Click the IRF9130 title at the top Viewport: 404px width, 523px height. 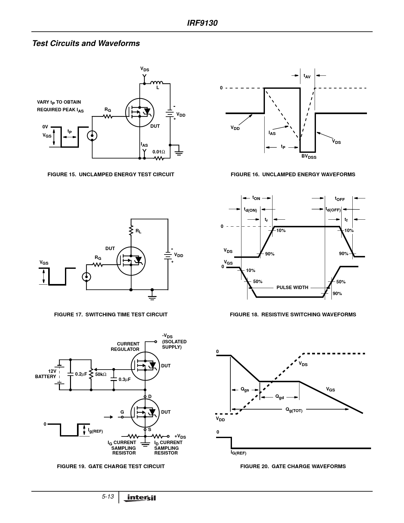pyautogui.click(x=202, y=23)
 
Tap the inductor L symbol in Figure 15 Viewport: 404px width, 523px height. pyautogui.click(x=157, y=83)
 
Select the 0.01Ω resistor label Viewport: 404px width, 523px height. pyautogui.click(x=158, y=152)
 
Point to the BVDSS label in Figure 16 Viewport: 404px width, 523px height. pyautogui.click(x=309, y=157)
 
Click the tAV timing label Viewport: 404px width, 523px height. pyautogui.click(x=307, y=76)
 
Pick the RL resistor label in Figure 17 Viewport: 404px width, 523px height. pyautogui.click(x=138, y=231)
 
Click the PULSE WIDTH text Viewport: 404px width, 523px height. pyautogui.click(x=292, y=287)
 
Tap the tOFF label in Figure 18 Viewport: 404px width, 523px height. pyautogui.click(x=340, y=199)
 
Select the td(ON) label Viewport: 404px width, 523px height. pyautogui.click(x=250, y=210)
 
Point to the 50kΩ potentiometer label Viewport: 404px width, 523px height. pyautogui.click(x=101, y=374)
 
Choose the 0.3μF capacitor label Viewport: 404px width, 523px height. pyautogui.click(x=124, y=379)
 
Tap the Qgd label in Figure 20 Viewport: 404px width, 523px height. pyautogui.click(x=279, y=397)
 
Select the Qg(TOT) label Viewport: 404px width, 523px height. pyautogui.click(x=294, y=410)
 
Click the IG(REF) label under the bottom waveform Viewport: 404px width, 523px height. pyautogui.click(x=238, y=453)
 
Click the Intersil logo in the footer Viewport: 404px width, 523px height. pyautogui.click(x=141, y=498)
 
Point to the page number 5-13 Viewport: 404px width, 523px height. pyautogui.click(x=108, y=497)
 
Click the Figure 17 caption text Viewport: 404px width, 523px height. pyautogui.click(x=111, y=314)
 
